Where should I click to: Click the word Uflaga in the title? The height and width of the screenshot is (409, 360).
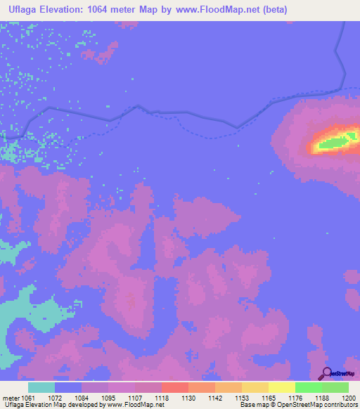click(x=25, y=10)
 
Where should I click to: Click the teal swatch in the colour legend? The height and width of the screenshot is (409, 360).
click(x=41, y=387)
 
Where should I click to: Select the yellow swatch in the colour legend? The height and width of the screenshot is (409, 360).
click(x=281, y=387)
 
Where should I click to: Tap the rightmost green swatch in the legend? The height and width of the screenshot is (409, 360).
click(x=335, y=387)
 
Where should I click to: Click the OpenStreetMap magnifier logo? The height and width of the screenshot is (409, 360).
click(x=326, y=372)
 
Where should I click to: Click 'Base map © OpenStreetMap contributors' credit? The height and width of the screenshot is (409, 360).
click(x=297, y=405)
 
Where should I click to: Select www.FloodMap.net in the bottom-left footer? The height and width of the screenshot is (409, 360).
click(x=127, y=405)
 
